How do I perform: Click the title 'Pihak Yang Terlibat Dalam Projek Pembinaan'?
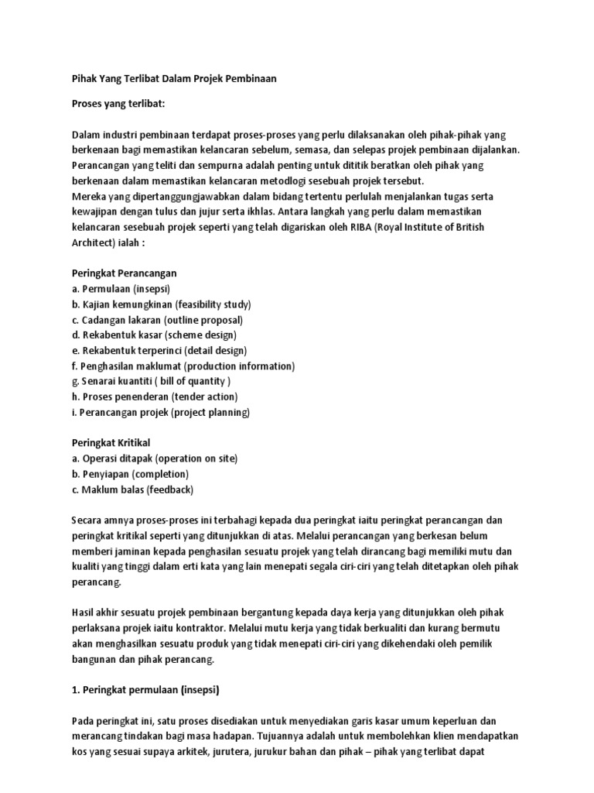pyautogui.click(x=174, y=79)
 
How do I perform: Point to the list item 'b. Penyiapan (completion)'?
pyautogui.click(x=130, y=474)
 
